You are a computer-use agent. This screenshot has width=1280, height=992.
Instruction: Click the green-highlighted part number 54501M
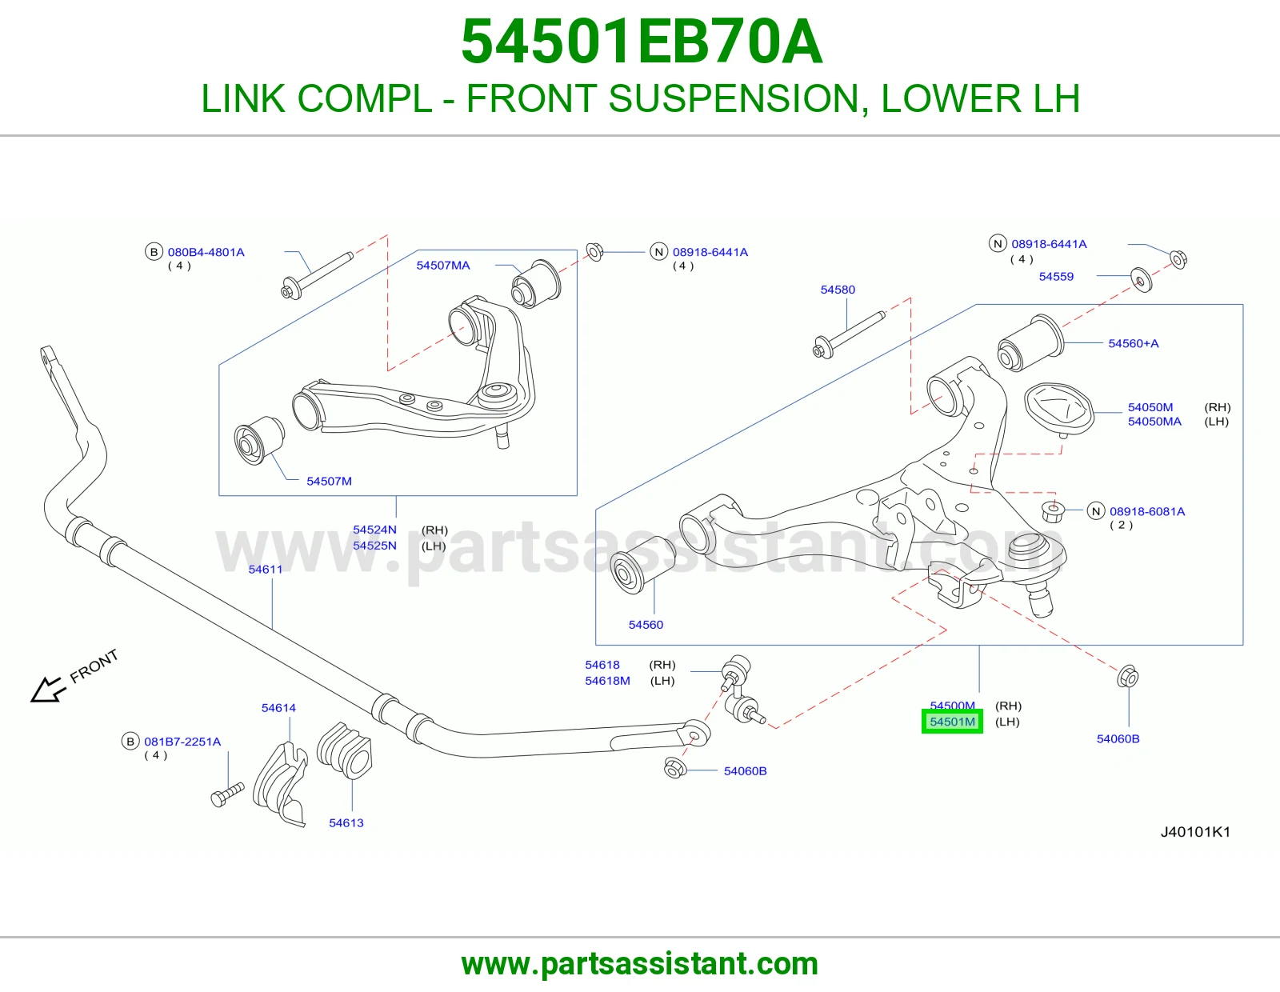point(952,722)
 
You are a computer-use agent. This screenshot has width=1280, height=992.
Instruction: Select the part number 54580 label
point(838,290)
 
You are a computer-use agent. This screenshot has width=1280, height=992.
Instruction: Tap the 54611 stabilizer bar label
point(265,569)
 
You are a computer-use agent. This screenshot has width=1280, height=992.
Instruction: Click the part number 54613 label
point(346,823)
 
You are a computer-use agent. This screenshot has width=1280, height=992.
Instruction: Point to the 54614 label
point(278,707)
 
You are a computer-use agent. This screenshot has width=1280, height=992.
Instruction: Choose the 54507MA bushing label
point(443,266)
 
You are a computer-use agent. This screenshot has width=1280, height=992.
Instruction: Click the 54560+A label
point(1134,343)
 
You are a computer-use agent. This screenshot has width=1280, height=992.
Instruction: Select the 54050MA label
point(1154,422)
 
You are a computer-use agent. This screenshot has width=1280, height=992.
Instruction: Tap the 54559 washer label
point(1056,277)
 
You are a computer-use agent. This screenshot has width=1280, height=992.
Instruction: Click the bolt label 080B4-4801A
point(206,252)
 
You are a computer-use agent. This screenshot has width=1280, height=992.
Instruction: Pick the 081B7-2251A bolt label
point(182,742)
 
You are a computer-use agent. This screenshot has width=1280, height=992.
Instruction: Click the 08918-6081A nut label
point(1147,511)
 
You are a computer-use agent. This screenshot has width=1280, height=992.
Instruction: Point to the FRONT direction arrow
point(46,690)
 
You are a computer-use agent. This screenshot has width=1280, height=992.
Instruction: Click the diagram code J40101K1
point(1195,832)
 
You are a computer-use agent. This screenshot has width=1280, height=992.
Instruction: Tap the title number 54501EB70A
point(641,42)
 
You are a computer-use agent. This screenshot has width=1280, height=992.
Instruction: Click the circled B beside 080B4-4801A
point(154,252)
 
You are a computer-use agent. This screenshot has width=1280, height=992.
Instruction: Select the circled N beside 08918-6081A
point(1096,511)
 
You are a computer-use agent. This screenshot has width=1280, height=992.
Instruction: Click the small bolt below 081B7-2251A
point(227,794)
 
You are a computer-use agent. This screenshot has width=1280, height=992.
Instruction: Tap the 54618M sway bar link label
point(607,681)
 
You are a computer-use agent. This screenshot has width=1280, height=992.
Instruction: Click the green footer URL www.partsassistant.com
point(640,964)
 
